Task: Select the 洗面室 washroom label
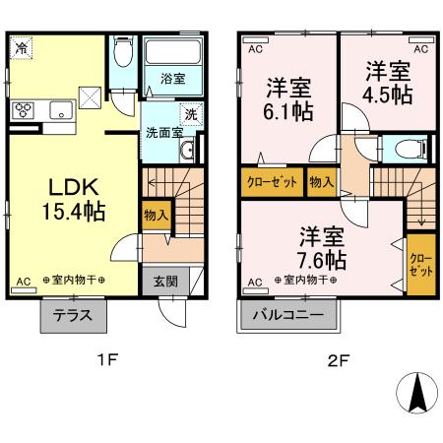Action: pos(162,132)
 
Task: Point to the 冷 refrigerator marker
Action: pos(21,46)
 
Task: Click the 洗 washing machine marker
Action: pos(191,113)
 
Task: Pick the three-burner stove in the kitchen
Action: pos(23,111)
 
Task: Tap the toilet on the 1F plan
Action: pos(122,52)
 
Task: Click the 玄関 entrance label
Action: pos(164,280)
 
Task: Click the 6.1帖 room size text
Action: pos(289,109)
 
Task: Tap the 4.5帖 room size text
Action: pos(388,96)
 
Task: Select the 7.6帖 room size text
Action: pos(322,260)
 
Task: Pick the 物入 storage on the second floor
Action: pos(320,182)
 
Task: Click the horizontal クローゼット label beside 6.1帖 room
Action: pos(272,182)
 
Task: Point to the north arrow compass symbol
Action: pos(418,395)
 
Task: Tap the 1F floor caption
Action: pos(108,360)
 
